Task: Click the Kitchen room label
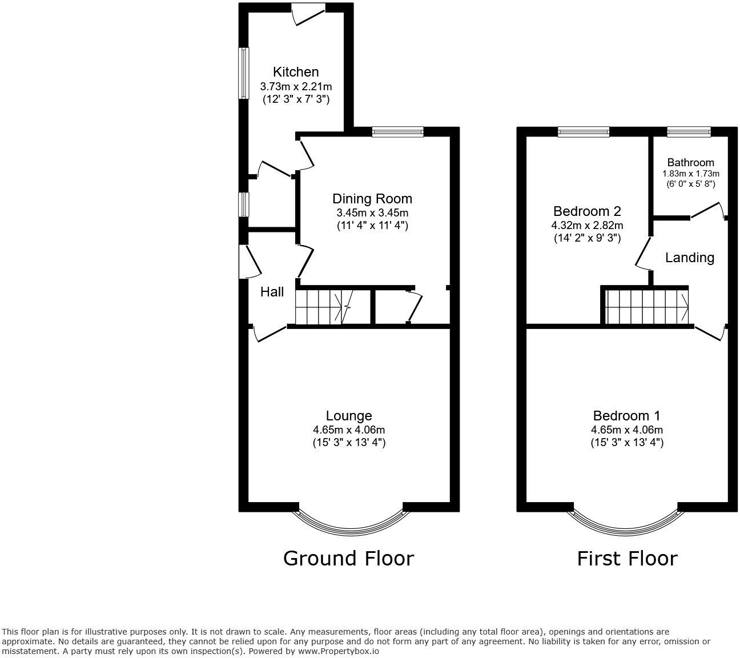(296, 72)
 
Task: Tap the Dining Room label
(372, 199)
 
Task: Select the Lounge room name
(349, 416)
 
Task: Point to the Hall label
(272, 292)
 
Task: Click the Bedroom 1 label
(627, 416)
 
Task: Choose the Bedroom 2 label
(586, 211)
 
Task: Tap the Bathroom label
(691, 162)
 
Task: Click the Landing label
(690, 258)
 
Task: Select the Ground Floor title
(348, 558)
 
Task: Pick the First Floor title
(627, 558)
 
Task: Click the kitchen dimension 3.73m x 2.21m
(296, 87)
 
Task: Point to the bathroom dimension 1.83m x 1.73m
(691, 174)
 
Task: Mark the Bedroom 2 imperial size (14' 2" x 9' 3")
(586, 238)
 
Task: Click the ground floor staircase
(323, 307)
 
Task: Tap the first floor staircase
(647, 307)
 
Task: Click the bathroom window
(689, 132)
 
